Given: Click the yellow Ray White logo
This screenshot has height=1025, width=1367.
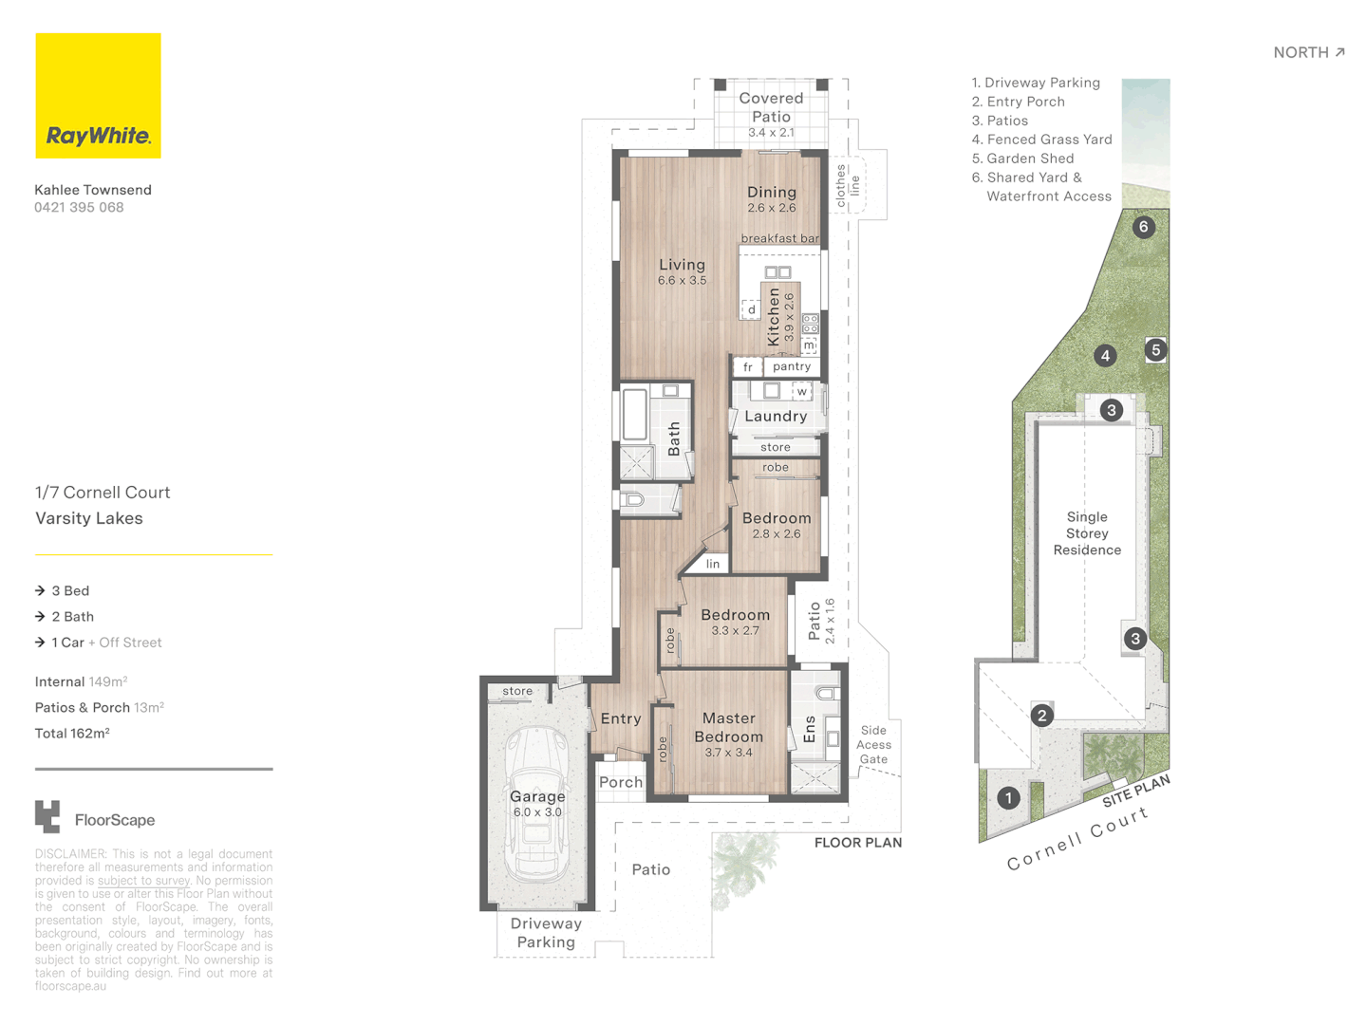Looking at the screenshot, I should pos(98,96).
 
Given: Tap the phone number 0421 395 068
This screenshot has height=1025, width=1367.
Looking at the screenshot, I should pos(79,208).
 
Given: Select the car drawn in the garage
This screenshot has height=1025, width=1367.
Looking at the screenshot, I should pos(537,805).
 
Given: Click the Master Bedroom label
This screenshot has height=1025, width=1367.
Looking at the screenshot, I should pos(728,728).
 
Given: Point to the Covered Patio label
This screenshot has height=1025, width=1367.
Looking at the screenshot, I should pos(771,107).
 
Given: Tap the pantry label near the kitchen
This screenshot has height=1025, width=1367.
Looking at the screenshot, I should pos(791,366).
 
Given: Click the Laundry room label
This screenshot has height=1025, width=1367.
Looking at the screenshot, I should pos(776,417).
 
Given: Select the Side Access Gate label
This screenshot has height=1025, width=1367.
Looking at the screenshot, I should pos(873,745).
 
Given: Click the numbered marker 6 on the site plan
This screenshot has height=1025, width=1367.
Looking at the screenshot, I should pos(1143,227).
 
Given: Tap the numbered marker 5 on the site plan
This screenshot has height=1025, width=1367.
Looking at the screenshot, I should pos(1155,350).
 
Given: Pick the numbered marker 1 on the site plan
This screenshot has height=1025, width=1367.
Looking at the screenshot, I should pos(1008,798).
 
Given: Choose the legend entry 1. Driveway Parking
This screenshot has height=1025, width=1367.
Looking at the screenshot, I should pos(1036,83).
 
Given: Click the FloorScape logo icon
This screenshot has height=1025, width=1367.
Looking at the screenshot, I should pos(47,817).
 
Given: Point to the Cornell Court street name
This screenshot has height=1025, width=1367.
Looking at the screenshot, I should pos(1077,839).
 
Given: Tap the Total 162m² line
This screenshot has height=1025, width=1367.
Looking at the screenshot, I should pos(72,734).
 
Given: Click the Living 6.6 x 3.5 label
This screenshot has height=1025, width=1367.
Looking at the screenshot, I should pos(682,271).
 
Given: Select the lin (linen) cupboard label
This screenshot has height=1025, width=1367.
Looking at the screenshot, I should pos(713,564).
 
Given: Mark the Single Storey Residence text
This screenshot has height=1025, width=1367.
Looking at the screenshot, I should pos(1087,533).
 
